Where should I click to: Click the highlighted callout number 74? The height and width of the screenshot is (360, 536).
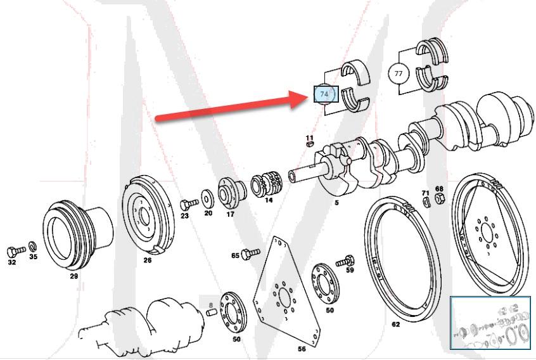(x=325, y=94)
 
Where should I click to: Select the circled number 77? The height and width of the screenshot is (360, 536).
(x=399, y=74)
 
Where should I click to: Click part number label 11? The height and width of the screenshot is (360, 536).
(x=309, y=138)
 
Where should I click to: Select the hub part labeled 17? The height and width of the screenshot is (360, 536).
(x=230, y=193)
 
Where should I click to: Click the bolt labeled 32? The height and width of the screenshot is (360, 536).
(x=15, y=252)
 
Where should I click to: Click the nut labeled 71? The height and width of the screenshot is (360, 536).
(x=426, y=202)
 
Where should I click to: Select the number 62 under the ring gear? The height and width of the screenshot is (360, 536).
(x=395, y=325)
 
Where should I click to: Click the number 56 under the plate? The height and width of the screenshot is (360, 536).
(x=302, y=349)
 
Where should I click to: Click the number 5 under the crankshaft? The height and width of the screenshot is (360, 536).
(x=336, y=203)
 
